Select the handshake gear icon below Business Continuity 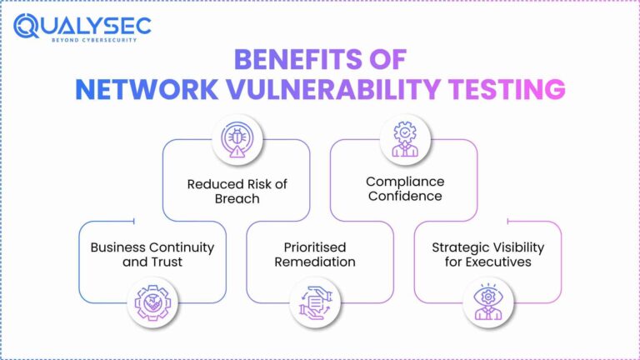pyautogui.click(x=157, y=301)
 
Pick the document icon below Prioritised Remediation pyautogui.click(x=320, y=301)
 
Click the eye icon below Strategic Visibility pyautogui.click(x=488, y=301)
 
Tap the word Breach pyautogui.click(x=236, y=198)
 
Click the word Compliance pyautogui.click(x=404, y=181)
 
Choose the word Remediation pyautogui.click(x=320, y=262)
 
